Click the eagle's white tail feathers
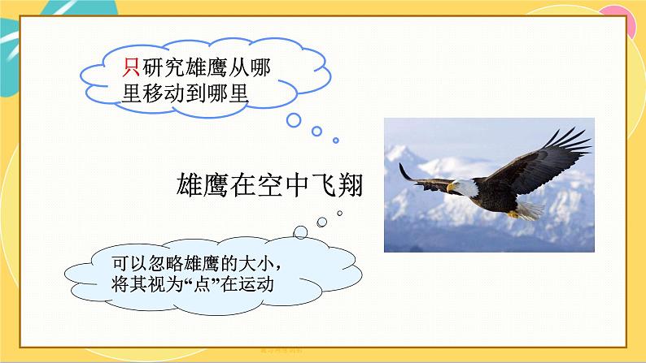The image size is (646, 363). point(529,210)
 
